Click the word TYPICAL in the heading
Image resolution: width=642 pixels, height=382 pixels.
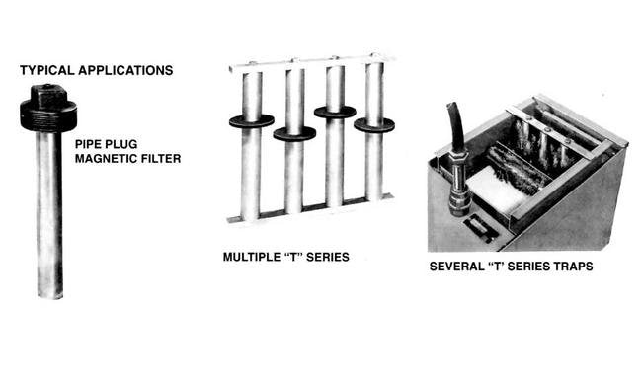[x=45, y=70]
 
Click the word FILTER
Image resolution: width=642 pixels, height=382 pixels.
[x=161, y=157]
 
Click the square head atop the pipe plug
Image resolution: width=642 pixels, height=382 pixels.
[x=47, y=95]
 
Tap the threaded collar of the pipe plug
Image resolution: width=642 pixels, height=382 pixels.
[x=47, y=116]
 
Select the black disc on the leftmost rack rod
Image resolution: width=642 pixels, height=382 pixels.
[x=251, y=120]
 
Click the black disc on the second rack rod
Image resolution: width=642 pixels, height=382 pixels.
[x=294, y=133]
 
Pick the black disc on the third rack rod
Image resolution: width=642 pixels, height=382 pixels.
[x=336, y=113]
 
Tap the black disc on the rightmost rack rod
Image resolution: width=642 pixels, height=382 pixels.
[x=374, y=125]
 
